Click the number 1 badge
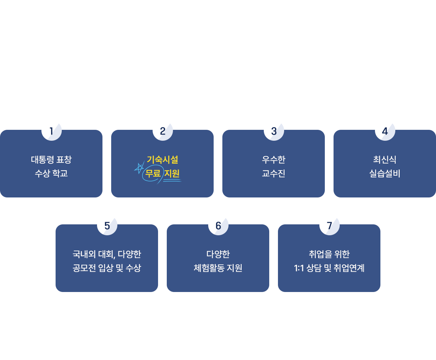click(52, 131)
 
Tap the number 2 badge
click(163, 131)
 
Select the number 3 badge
click(274, 131)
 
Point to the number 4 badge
click(385, 131)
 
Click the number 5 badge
click(107, 226)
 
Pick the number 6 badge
click(218, 226)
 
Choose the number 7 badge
click(330, 226)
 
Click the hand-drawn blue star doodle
click(139, 168)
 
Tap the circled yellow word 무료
click(153, 173)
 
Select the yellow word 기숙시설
click(162, 160)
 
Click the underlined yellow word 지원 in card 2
click(172, 173)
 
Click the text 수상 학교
click(52, 173)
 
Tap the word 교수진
click(274, 173)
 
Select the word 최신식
click(384, 160)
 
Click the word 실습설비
click(384, 173)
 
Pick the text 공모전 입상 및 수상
click(107, 268)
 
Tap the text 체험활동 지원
click(218, 268)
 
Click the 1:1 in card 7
click(299, 268)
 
